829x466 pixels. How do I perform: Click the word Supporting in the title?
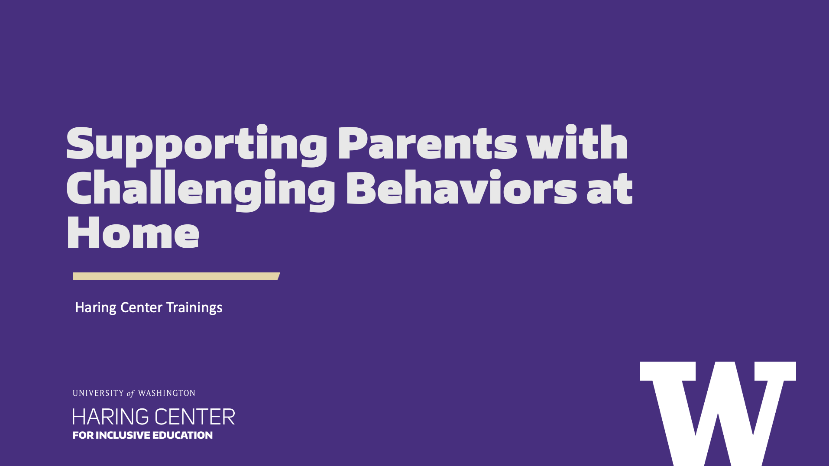click(197, 146)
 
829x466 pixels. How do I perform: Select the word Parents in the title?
click(427, 142)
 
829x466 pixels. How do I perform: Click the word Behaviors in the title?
click(462, 187)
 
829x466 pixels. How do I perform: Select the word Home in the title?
click(133, 232)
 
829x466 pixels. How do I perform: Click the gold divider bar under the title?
click(176, 276)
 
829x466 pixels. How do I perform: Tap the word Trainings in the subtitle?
click(194, 308)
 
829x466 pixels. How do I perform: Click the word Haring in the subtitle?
click(96, 308)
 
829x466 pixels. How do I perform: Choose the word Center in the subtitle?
click(141, 307)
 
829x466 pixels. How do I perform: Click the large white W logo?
click(718, 414)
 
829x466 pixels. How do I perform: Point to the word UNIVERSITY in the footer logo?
click(98, 393)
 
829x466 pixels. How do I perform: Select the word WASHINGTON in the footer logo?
click(167, 393)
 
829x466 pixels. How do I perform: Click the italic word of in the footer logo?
click(130, 394)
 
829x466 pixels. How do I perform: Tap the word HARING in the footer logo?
click(110, 417)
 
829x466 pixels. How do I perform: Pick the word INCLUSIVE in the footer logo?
click(123, 435)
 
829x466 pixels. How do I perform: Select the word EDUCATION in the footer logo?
click(182, 435)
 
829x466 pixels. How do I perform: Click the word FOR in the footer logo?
click(83, 435)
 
